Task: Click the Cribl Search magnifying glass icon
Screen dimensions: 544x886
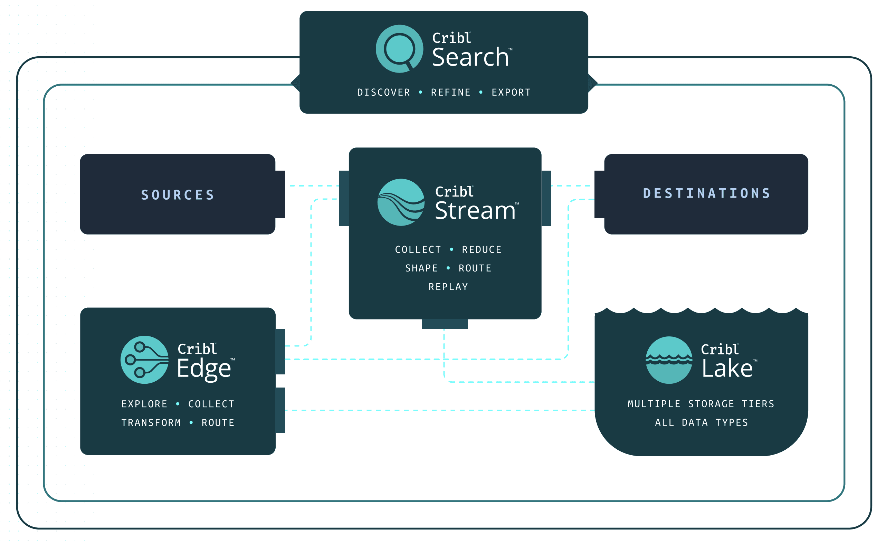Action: [x=399, y=49]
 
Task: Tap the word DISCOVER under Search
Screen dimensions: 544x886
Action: [x=383, y=93]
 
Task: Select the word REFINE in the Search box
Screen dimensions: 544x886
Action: [x=451, y=93]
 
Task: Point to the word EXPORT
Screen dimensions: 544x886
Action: [x=511, y=93]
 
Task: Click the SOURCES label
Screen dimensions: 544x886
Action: [x=178, y=195]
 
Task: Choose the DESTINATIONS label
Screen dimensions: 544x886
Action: [x=706, y=193]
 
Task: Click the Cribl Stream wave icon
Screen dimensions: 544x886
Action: [x=401, y=202]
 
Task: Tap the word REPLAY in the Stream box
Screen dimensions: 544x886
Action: [x=448, y=287]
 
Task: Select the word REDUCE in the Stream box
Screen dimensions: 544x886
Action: [x=482, y=250]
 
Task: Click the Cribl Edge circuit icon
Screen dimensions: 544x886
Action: [x=145, y=360]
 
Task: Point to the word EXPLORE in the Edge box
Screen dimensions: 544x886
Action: [x=145, y=404]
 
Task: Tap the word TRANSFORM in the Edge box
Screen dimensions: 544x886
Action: [x=151, y=423]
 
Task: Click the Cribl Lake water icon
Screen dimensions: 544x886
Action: [x=669, y=360]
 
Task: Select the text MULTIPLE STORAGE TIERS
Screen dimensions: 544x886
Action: [x=701, y=404]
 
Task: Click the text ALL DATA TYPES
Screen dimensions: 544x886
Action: [x=702, y=423]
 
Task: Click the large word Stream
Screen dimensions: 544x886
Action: [x=475, y=211]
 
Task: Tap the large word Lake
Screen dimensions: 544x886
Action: [x=727, y=369]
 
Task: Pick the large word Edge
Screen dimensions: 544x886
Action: [x=204, y=369]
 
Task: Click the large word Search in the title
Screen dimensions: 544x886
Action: [x=470, y=57]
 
